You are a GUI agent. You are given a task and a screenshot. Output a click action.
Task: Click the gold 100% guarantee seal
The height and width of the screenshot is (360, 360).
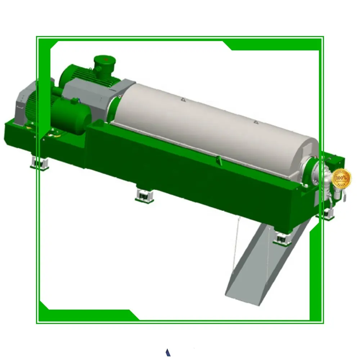341,179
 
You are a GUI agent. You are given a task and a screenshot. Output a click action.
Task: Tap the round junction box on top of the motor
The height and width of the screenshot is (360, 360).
103,62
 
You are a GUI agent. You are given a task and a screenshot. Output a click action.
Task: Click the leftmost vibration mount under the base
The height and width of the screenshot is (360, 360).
40,163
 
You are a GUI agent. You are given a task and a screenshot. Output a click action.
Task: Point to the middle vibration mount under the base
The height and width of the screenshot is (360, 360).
144,195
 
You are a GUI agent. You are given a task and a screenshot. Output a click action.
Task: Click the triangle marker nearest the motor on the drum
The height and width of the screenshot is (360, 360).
183,99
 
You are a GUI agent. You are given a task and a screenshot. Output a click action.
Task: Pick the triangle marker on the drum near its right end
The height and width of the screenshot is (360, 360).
256,122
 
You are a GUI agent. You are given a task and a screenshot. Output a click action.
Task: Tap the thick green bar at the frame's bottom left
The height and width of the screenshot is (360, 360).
90,314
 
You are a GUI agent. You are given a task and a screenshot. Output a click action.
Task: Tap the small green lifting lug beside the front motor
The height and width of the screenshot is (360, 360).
75,101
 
